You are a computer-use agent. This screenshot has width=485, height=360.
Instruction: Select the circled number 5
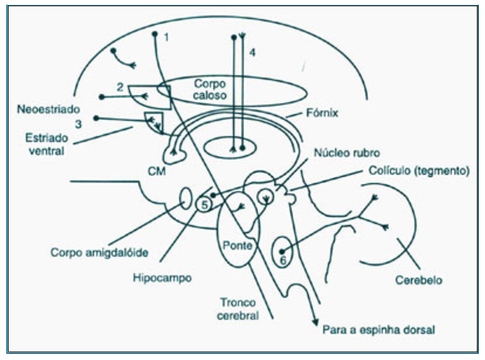pyautogui.click(x=204, y=205)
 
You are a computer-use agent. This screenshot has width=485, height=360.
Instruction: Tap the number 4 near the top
pyautogui.click(x=251, y=51)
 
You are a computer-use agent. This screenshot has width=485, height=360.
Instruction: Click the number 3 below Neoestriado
pyautogui.click(x=78, y=123)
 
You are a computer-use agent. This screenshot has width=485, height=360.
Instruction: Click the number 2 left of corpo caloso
pyautogui.click(x=119, y=87)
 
